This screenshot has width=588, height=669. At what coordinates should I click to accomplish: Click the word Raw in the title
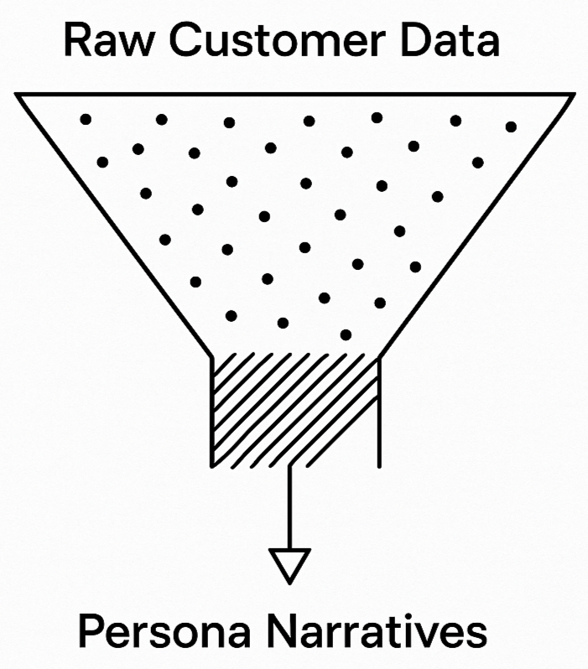coord(102,41)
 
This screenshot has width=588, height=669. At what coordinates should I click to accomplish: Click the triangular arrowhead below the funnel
coord(289,563)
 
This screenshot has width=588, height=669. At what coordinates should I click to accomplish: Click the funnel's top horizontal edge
coord(294,95)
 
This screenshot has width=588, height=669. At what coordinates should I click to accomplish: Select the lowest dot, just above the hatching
coord(346,334)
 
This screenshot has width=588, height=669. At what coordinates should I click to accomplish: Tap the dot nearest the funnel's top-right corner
coord(511,127)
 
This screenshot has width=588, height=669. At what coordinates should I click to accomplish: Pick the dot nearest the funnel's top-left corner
coord(85,119)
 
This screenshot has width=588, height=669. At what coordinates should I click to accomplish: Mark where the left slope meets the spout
coord(212,355)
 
